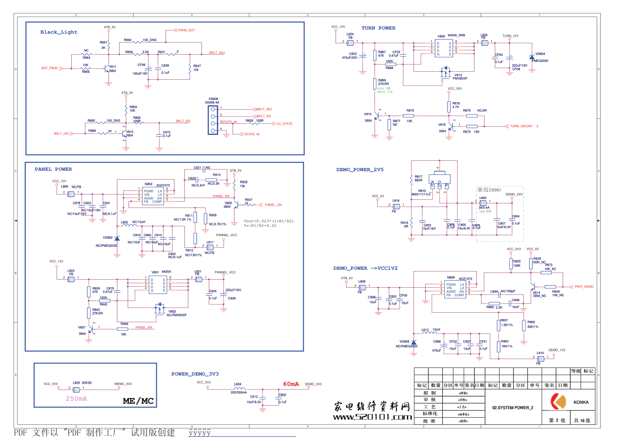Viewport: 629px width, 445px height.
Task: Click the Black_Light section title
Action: tap(59, 32)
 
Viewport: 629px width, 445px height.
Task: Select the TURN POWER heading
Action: tap(379, 28)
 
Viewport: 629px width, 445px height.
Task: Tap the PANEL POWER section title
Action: tap(53, 169)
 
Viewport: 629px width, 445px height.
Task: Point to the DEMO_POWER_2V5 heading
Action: tap(360, 170)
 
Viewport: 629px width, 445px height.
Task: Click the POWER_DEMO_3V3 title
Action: tap(195, 374)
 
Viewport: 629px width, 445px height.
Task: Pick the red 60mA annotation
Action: tap(291, 384)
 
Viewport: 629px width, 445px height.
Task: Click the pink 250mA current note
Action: tap(77, 399)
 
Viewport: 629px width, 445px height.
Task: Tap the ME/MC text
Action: tap(138, 401)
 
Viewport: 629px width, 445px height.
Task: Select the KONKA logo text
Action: tap(581, 402)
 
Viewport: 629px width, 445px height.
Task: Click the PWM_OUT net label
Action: tap(186, 30)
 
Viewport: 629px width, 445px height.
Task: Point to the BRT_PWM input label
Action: tap(49, 69)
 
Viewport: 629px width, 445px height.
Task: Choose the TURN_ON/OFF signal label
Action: tap(521, 126)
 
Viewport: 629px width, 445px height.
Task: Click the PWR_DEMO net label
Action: tap(584, 287)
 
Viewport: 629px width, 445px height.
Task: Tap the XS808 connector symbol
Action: tap(213, 120)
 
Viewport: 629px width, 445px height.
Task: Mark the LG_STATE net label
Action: tap(284, 124)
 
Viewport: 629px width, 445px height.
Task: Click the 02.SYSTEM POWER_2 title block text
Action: tap(513, 408)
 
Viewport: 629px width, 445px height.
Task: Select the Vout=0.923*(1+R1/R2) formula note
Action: tap(269, 221)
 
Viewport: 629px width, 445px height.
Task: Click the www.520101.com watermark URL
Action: tap(372, 417)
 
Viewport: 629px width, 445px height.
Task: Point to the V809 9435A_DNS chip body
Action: tap(444, 48)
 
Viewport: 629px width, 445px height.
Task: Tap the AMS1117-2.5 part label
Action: tap(421, 194)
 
